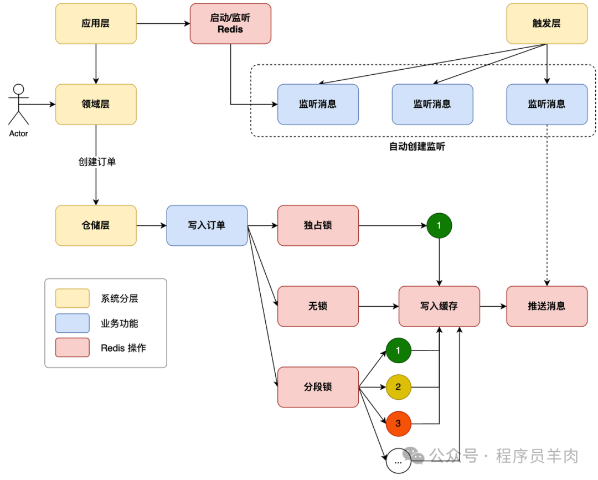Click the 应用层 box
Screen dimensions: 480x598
96,23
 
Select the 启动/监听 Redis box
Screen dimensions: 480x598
230,23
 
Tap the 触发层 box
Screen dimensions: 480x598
547,23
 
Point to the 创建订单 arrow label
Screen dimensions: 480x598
97,162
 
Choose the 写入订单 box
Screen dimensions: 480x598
207,225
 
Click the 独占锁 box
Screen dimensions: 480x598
318,225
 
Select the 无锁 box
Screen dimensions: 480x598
318,306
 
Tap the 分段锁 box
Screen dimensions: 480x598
318,387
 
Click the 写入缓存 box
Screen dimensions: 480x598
439,306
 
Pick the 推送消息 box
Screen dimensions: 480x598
547,306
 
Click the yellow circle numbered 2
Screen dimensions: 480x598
399,387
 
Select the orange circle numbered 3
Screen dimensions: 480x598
399,425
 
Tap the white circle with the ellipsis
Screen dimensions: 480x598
399,461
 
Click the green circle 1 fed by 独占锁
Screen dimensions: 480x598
439,225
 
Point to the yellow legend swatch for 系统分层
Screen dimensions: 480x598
72,298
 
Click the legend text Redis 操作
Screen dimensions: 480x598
123,348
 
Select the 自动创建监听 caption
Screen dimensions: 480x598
417,147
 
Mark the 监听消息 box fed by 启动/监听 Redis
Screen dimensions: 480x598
318,104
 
